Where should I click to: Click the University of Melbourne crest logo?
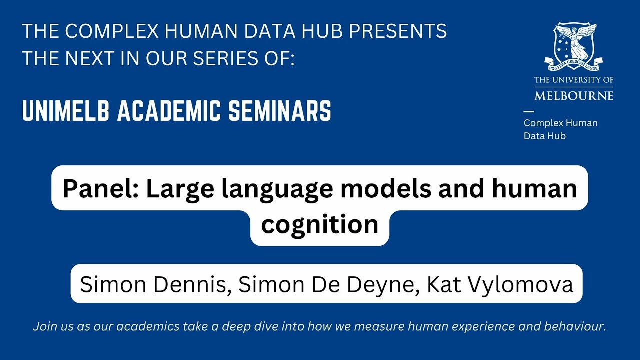point(573,47)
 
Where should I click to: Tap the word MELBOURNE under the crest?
point(573,95)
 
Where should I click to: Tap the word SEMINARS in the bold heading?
point(280,111)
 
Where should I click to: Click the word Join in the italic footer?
point(43,327)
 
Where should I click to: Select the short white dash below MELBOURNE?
point(528,111)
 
